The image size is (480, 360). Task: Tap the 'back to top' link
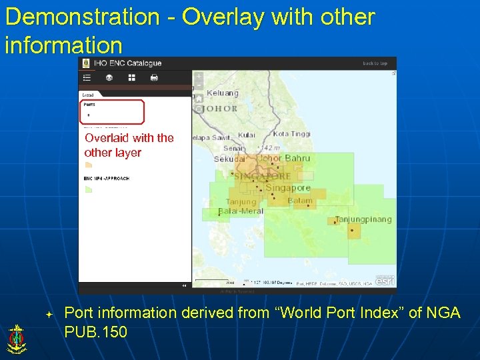[375, 63]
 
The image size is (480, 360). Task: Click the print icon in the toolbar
[154, 77]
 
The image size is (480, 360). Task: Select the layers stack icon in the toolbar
[109, 77]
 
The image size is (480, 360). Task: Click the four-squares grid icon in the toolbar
[131, 77]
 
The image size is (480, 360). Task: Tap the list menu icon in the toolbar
[86, 77]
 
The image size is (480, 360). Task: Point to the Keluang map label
[222, 93]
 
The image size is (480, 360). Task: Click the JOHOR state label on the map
[221, 108]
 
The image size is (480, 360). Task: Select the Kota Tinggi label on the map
[292, 134]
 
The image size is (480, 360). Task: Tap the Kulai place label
[246, 135]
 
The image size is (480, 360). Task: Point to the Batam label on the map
[300, 201]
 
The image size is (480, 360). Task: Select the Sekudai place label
[229, 159]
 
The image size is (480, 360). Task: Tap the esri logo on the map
[385, 280]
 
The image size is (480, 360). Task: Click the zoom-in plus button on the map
[198, 76]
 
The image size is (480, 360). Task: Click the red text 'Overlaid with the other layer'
[128, 145]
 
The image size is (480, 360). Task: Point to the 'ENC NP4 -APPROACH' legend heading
[107, 179]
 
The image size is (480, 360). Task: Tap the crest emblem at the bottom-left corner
[15, 338]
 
